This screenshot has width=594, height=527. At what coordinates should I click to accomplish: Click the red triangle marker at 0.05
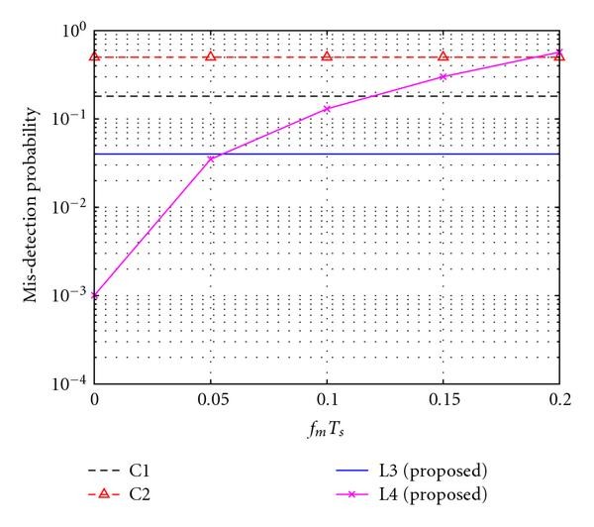(211, 56)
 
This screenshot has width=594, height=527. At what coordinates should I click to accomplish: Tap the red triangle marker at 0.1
(327, 56)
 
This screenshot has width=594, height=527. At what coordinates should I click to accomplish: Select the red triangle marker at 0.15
(444, 56)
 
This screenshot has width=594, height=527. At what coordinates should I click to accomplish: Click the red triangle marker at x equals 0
(94, 56)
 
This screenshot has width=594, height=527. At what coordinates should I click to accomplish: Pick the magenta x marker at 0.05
(211, 158)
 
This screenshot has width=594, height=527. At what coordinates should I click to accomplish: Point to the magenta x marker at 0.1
(327, 109)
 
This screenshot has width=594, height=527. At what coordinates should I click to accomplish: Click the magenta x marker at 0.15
(444, 76)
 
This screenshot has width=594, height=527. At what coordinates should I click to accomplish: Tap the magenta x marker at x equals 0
(94, 295)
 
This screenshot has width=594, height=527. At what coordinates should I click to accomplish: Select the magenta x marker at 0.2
(559, 53)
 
